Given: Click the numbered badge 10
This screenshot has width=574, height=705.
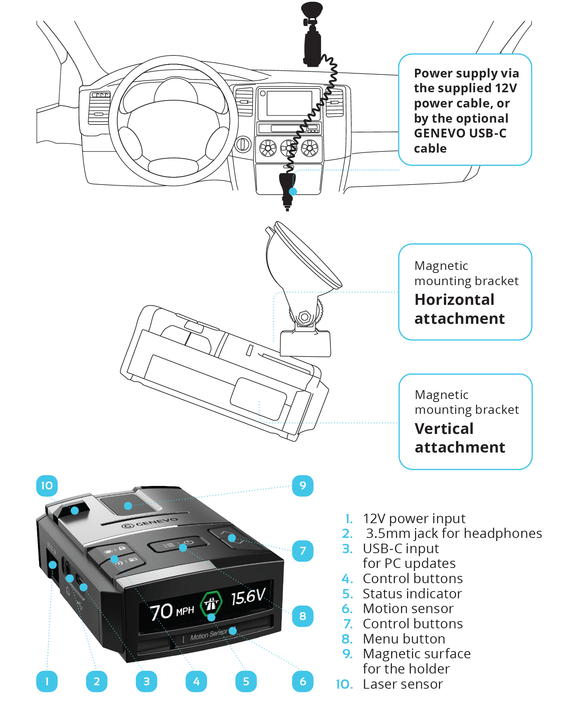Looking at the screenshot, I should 47,486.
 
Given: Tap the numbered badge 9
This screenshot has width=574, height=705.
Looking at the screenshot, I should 302,486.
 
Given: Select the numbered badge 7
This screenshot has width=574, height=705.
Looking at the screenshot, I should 302,551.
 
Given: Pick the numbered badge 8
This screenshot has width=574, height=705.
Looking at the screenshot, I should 302,616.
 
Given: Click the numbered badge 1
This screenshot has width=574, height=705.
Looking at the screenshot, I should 47,681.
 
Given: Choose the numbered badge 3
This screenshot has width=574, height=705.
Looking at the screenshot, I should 146,681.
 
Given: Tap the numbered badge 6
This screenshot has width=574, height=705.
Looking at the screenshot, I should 302,681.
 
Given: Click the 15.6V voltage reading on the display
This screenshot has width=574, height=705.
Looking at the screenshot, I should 248,597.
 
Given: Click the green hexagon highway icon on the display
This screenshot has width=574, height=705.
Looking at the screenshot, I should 211,603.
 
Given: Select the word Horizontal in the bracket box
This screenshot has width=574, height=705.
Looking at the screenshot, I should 454,300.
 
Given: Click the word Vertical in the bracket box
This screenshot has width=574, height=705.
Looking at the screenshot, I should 444,429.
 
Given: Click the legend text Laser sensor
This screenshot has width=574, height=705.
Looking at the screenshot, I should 403,684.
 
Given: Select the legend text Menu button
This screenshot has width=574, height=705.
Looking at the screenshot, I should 404,639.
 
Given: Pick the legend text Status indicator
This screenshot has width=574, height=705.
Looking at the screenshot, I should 412,594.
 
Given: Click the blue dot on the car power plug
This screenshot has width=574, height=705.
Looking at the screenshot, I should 293,192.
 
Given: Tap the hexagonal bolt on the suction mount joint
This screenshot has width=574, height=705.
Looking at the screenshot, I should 305,316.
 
